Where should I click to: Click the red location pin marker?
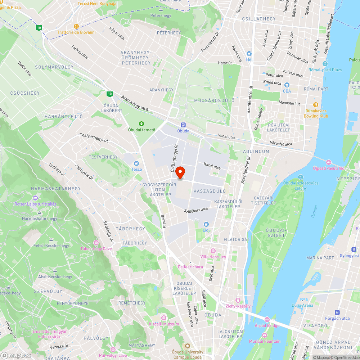[180, 172]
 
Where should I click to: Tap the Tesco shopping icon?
[136, 163]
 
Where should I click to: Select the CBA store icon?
[287, 85]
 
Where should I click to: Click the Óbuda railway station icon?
[183, 125]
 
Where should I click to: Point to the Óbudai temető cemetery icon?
[142, 123]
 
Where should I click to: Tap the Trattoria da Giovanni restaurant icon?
[76, 26]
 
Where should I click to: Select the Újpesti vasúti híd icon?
[328, 163]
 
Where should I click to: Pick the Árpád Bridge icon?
[267, 319]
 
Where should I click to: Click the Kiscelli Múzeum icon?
[164, 318]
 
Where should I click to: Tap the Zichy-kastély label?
[238, 306]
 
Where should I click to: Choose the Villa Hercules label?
[213, 257]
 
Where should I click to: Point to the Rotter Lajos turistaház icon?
[35, 198]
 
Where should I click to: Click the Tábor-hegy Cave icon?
[96, 243]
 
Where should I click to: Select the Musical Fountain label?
[264, 341]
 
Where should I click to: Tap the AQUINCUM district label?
[256, 152]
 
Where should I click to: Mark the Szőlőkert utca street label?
[196, 210]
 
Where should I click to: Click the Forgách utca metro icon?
[337, 312]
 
